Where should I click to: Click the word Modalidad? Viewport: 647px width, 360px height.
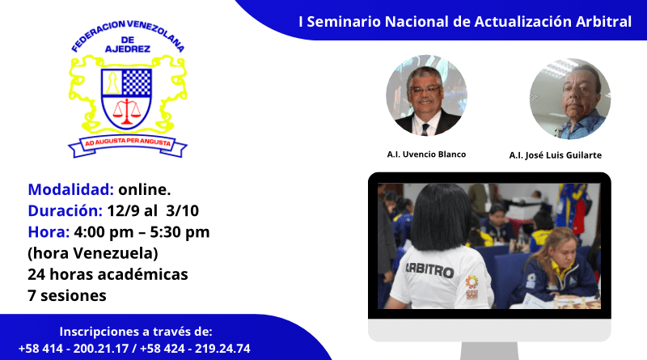[70, 189]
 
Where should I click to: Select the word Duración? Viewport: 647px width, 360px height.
[65, 210]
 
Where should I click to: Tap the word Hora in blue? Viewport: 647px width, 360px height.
[49, 232]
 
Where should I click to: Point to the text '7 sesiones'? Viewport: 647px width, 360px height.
[67, 295]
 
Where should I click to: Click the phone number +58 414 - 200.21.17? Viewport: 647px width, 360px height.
[74, 349]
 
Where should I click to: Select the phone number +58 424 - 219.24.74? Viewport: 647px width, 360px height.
[195, 349]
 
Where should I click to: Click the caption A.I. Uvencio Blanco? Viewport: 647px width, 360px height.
[426, 155]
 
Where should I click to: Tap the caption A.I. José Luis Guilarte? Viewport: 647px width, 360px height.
[555, 155]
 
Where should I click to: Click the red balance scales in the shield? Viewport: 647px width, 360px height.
[127, 112]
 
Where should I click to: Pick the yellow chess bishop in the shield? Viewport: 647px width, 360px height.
[112, 83]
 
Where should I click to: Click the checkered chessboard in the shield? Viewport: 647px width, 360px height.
[137, 83]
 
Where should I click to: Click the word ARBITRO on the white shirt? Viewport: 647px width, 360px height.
[429, 270]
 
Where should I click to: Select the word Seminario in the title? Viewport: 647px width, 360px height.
[344, 22]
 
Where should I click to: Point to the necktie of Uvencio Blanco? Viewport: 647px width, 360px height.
[425, 129]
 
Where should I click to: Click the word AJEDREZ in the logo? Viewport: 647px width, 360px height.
[128, 49]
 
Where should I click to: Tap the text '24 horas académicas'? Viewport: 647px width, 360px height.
[108, 274]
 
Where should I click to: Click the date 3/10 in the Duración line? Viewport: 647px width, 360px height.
[183, 211]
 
